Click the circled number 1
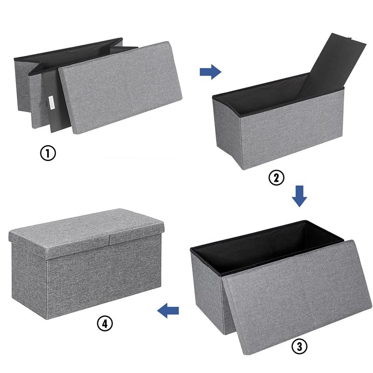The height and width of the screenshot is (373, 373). coord(47,153)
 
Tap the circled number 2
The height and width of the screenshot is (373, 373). coord(276,177)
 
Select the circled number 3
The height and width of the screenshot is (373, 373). coord(299,346)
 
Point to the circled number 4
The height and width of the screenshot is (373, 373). coord(104,322)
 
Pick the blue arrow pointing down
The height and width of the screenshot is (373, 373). coord(299,196)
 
